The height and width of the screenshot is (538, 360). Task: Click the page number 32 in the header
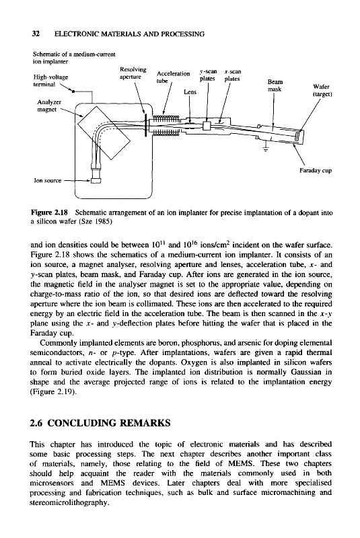click(x=36, y=34)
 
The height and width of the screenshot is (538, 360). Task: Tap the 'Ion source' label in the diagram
click(x=47, y=180)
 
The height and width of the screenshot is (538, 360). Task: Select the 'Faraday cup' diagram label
click(x=316, y=171)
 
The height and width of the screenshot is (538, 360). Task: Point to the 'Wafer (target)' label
click(x=321, y=90)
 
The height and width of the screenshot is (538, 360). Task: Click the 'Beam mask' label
click(x=275, y=86)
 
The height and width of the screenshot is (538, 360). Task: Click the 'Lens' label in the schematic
click(x=190, y=91)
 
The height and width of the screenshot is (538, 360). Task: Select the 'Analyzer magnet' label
click(x=49, y=106)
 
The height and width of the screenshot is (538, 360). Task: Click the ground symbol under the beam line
click(x=265, y=149)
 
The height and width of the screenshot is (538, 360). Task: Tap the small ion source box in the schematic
click(x=96, y=180)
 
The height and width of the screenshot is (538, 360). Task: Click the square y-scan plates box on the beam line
click(x=207, y=126)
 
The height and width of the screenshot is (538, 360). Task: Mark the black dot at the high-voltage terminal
click(x=73, y=91)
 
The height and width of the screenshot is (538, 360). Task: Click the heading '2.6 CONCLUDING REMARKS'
click(x=100, y=423)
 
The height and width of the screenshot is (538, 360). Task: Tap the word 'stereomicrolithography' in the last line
click(x=68, y=503)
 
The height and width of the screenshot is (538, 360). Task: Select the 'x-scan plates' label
click(x=232, y=75)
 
